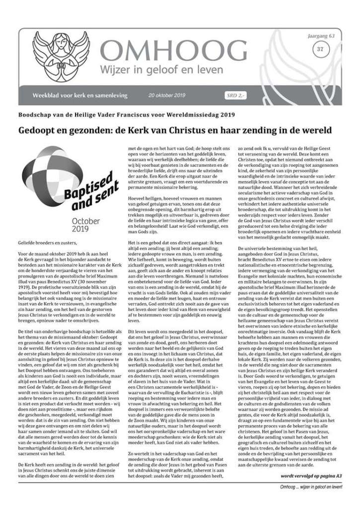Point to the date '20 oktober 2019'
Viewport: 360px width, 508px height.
167,95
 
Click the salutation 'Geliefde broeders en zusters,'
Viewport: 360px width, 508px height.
50,243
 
